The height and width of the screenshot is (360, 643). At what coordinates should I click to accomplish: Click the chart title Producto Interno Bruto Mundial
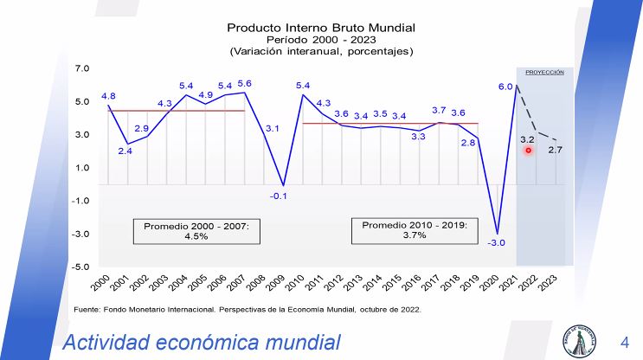point(321,27)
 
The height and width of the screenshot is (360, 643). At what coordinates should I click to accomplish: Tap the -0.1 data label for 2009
point(279,196)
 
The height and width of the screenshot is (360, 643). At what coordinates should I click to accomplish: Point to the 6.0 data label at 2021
point(505,87)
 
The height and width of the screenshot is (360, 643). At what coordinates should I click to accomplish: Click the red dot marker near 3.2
point(528,151)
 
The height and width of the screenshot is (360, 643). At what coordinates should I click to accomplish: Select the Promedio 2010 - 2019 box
point(414,230)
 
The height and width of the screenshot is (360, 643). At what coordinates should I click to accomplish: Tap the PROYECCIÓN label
point(544,73)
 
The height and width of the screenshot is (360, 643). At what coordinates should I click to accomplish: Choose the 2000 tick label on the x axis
point(101,280)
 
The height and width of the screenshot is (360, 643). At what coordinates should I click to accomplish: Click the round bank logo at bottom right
point(580,339)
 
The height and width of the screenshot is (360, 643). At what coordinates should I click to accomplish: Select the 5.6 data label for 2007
point(245,83)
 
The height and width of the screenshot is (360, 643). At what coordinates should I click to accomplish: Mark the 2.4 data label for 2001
point(125,151)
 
